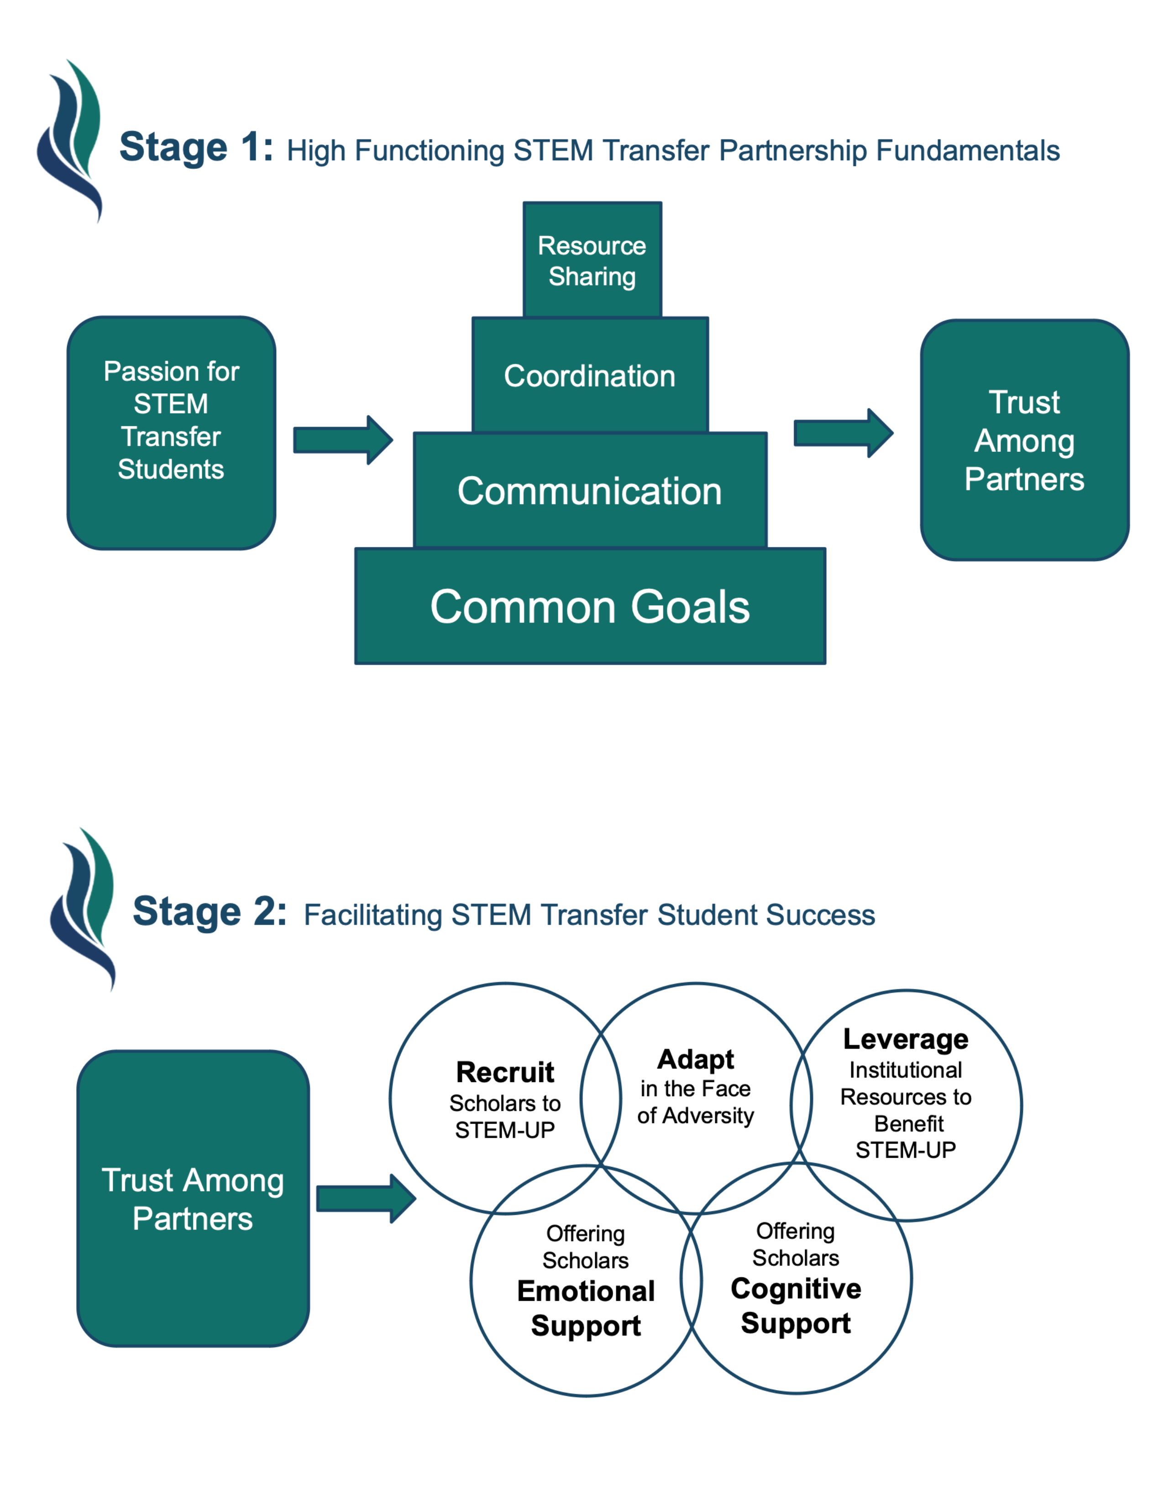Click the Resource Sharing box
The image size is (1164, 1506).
click(592, 260)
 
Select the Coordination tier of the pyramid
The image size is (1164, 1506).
click(590, 376)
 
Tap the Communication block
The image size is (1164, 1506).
click(590, 491)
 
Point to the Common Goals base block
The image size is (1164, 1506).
click(590, 607)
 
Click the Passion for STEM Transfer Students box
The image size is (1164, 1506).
click(171, 433)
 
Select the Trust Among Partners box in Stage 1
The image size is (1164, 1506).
click(1024, 440)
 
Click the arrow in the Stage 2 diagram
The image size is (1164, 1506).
click(366, 1198)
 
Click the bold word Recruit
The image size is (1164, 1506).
click(505, 1072)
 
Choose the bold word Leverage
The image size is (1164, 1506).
click(906, 1039)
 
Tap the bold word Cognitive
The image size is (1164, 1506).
click(796, 1288)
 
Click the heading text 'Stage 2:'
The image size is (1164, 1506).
click(209, 912)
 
